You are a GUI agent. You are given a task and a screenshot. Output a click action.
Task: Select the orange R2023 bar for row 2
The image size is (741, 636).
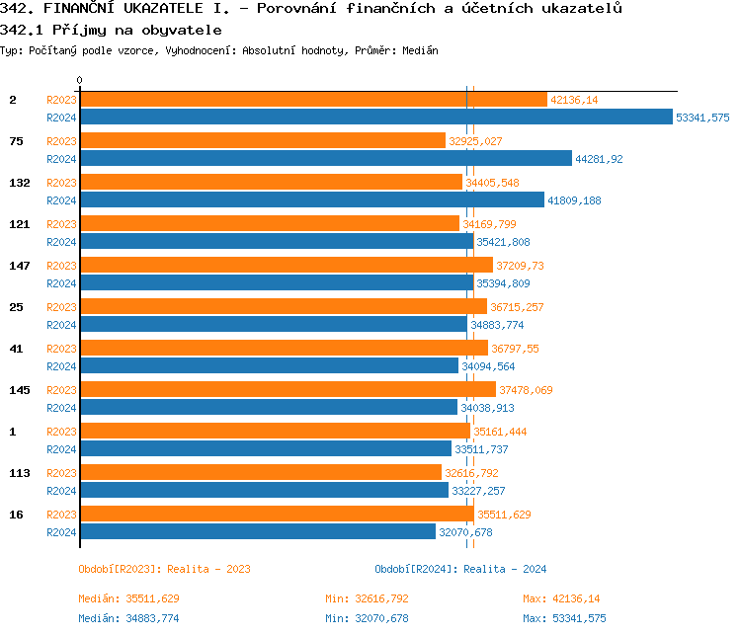(x=312, y=100)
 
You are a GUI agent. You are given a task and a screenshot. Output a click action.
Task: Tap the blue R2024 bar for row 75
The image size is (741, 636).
(x=325, y=159)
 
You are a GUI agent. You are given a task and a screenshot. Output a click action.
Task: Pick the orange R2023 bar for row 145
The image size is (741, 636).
(x=288, y=390)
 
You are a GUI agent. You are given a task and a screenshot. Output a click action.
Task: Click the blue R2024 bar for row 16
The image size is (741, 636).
(x=257, y=532)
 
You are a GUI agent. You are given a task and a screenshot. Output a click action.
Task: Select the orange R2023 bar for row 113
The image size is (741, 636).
(x=260, y=473)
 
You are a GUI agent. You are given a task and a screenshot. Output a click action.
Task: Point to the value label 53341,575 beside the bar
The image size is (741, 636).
(x=702, y=118)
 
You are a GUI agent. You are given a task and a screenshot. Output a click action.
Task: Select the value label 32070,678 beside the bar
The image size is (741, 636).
(x=464, y=532)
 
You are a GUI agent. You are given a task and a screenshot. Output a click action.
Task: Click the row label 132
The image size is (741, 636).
(x=20, y=183)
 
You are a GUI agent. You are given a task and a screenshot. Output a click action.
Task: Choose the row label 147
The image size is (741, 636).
(x=20, y=266)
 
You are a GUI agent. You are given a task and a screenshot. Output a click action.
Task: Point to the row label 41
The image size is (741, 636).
(x=16, y=349)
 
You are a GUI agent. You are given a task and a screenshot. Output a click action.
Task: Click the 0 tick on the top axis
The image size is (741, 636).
(x=80, y=81)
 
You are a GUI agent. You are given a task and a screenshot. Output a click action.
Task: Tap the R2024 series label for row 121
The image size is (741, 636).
(x=61, y=242)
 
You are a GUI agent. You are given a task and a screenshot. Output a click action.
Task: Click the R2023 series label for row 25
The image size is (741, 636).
(x=61, y=307)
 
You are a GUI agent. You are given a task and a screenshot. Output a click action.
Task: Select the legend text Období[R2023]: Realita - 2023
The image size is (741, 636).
(x=164, y=569)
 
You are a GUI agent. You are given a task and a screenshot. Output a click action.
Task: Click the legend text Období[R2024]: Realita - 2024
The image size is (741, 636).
(x=460, y=569)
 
